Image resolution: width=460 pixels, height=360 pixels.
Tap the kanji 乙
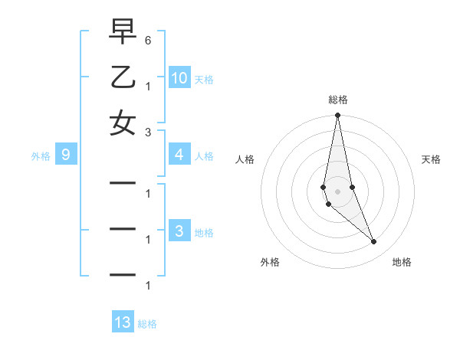pyautogui.click(x=122, y=78)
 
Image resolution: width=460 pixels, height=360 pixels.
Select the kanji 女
pyautogui.click(x=122, y=123)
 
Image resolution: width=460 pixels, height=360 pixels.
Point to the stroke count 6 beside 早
pyautogui.click(x=147, y=39)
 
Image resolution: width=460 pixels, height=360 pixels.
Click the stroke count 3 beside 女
pyautogui.click(x=147, y=131)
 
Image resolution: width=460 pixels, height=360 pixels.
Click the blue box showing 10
pyautogui.click(x=179, y=77)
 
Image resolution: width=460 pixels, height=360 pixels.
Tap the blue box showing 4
pyautogui.click(x=179, y=155)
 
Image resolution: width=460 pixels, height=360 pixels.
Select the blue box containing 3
pyautogui.click(x=179, y=232)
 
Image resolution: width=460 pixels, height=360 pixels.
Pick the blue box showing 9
pyautogui.click(x=66, y=155)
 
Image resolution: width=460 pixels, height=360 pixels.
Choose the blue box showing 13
pyautogui.click(x=123, y=322)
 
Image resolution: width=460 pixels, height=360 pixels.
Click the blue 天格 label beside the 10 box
pyautogui.click(x=204, y=79)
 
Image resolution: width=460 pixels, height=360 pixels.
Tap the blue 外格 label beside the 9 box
pyautogui.click(x=41, y=156)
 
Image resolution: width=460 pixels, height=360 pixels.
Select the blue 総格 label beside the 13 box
pyautogui.click(x=147, y=324)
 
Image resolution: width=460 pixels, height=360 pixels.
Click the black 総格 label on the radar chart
pyautogui.click(x=338, y=100)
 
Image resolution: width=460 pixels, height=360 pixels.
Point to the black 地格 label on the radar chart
pyautogui.click(x=402, y=262)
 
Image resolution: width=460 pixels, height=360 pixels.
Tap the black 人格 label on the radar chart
pyautogui.click(x=245, y=159)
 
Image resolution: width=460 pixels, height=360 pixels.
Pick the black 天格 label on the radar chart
pyautogui.click(x=431, y=159)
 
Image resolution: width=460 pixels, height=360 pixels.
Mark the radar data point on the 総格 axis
pyautogui.click(x=337, y=116)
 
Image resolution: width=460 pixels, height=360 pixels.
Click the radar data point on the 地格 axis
pyautogui.click(x=374, y=242)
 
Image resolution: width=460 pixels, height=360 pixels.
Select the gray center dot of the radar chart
pyautogui.click(x=337, y=191)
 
